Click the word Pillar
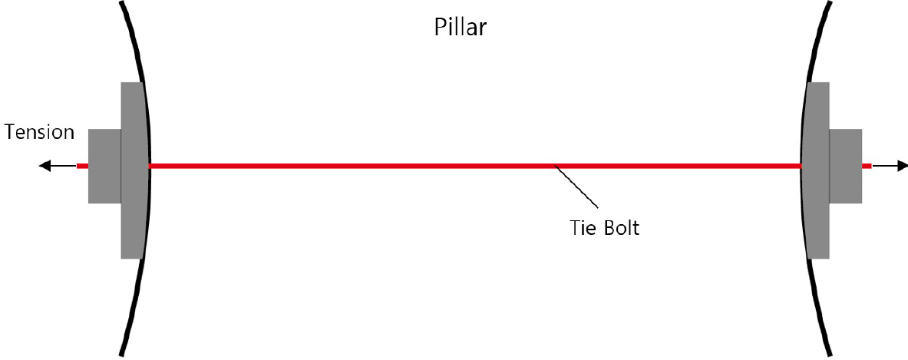pos(461,27)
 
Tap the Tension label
pos(39,133)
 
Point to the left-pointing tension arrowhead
pos(44,166)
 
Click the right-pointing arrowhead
pos(902,166)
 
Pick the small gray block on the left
pos(105,166)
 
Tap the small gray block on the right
pos(846,166)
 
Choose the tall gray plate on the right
pos(816,170)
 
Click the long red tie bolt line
pos(475,166)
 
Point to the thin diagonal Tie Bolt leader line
pos(576,187)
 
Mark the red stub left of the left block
pos(82,166)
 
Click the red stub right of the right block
pos(867,166)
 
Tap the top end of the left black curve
pos(121,2)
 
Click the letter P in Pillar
pos(441,27)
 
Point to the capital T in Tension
pos(10,133)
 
